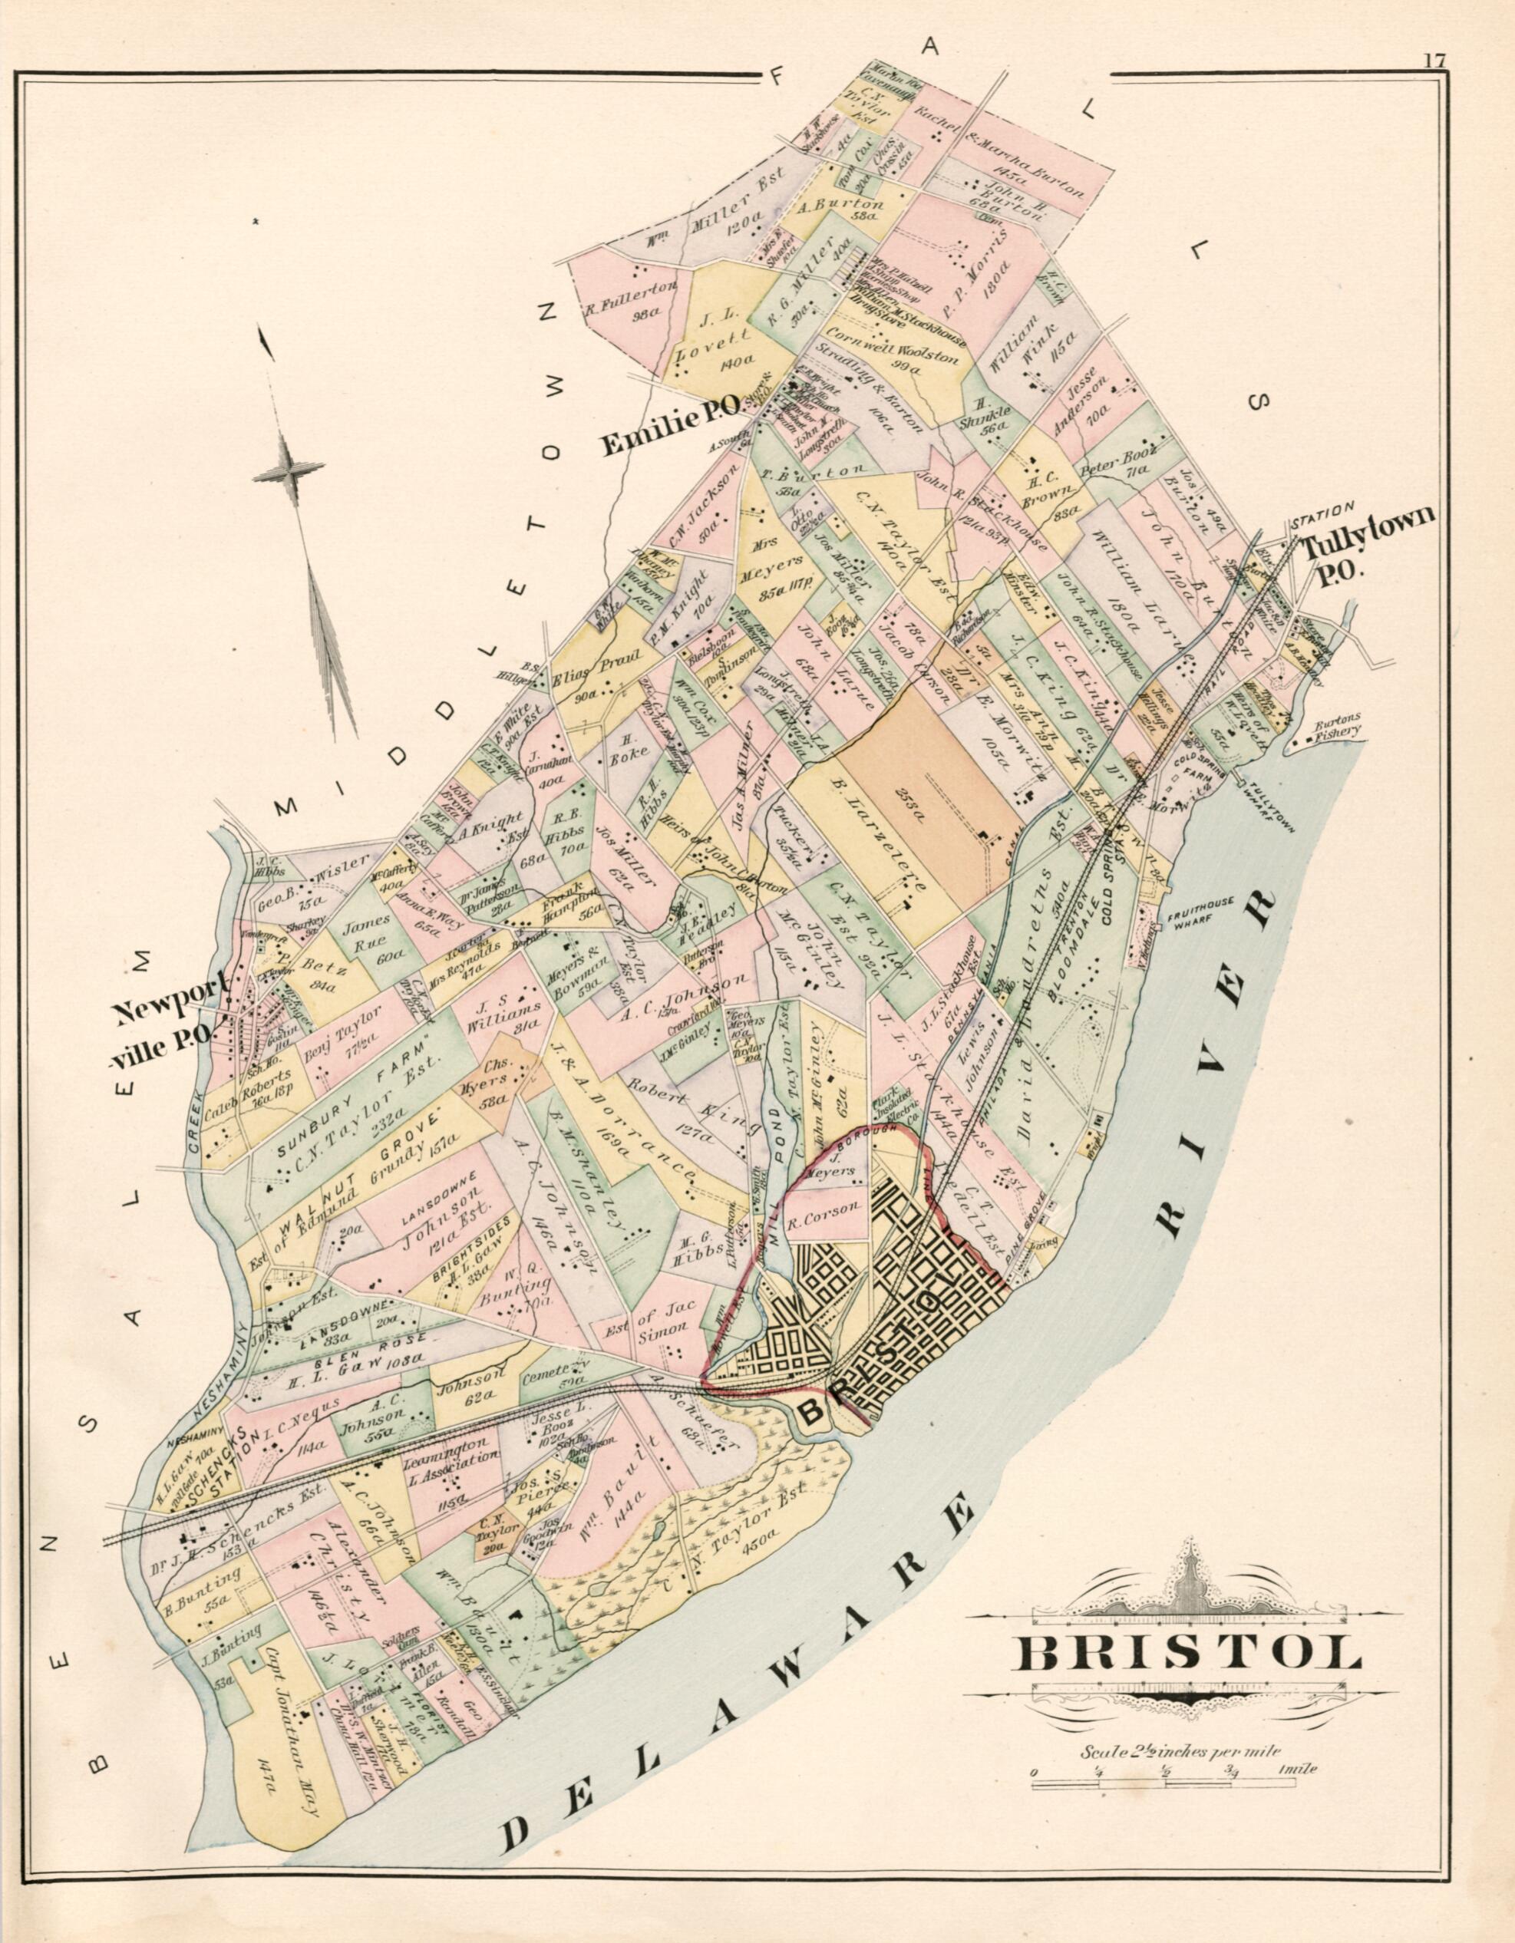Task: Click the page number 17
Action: (x=1433, y=61)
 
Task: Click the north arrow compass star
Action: (x=286, y=466)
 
